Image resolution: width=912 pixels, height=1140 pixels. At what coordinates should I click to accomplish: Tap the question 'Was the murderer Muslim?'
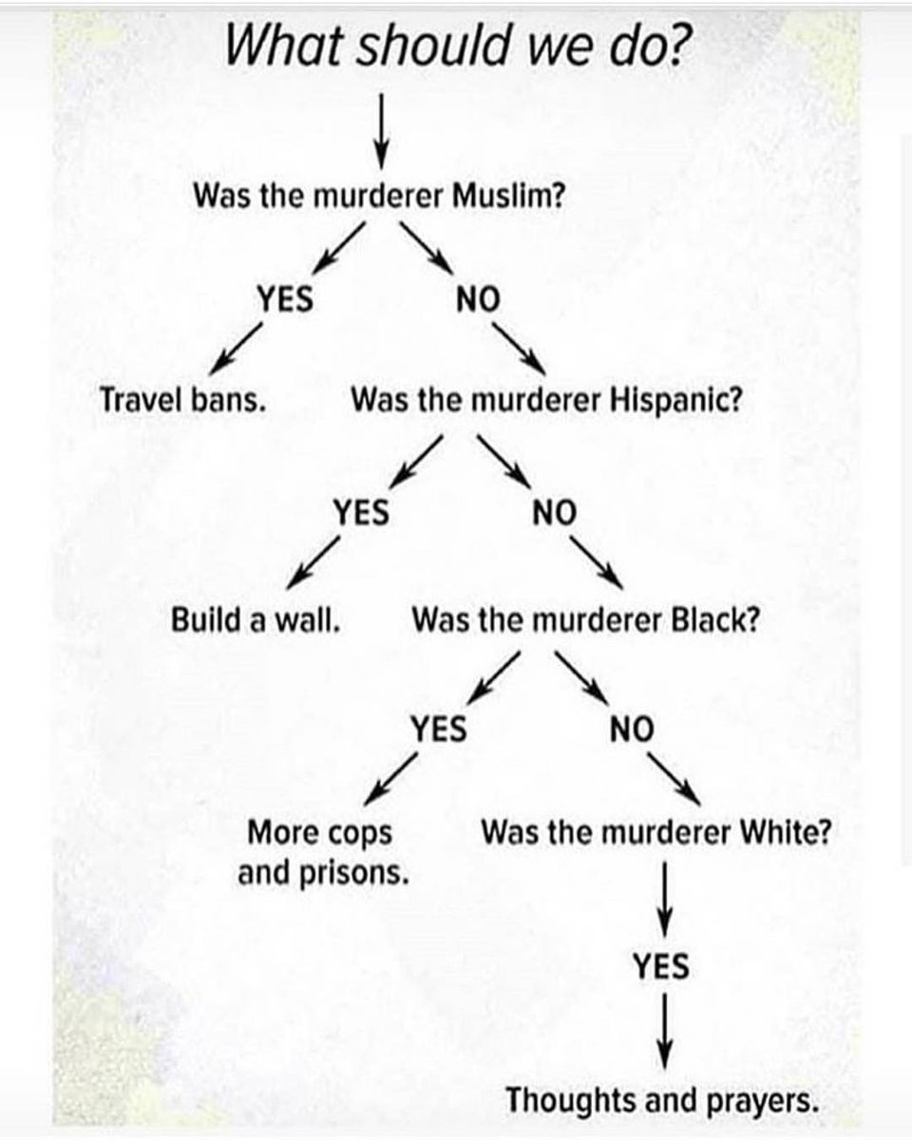(x=380, y=198)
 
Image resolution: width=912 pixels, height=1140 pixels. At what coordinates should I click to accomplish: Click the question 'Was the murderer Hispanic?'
(x=546, y=399)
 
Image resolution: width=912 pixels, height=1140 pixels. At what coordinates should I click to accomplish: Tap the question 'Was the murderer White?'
(x=657, y=833)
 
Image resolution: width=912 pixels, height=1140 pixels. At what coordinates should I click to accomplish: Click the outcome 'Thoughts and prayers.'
(x=661, y=1102)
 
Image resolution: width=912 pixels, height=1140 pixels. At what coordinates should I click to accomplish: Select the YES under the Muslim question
(x=286, y=299)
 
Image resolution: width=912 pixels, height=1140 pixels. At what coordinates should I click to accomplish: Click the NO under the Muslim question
(x=477, y=300)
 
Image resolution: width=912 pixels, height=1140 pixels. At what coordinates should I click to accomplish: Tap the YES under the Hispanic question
(x=361, y=513)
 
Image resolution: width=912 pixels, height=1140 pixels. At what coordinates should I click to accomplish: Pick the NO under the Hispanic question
(x=554, y=513)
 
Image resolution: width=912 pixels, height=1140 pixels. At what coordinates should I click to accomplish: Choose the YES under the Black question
(x=438, y=729)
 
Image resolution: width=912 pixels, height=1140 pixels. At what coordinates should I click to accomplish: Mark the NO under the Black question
(x=632, y=729)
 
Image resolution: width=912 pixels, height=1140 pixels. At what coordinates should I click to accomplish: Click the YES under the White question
(x=661, y=967)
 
